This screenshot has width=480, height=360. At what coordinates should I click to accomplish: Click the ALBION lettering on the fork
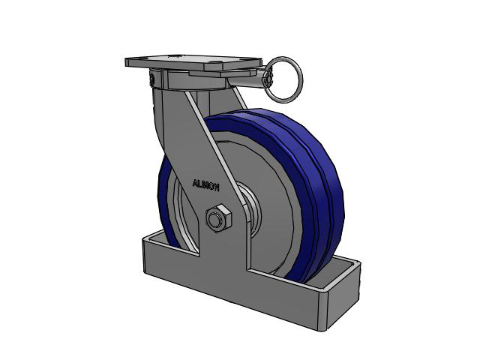(x=205, y=185)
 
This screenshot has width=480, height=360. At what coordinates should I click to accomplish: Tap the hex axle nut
(x=218, y=217)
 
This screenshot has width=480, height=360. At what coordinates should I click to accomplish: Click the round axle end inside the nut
(x=215, y=219)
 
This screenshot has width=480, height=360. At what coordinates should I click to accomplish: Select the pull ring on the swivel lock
(x=283, y=79)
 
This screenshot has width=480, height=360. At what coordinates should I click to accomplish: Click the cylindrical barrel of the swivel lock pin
(x=247, y=80)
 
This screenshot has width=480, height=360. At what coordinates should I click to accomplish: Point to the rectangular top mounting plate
(x=193, y=63)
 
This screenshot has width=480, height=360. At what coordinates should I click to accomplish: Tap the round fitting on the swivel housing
(x=152, y=79)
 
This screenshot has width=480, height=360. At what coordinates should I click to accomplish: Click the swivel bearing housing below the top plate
(x=196, y=81)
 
